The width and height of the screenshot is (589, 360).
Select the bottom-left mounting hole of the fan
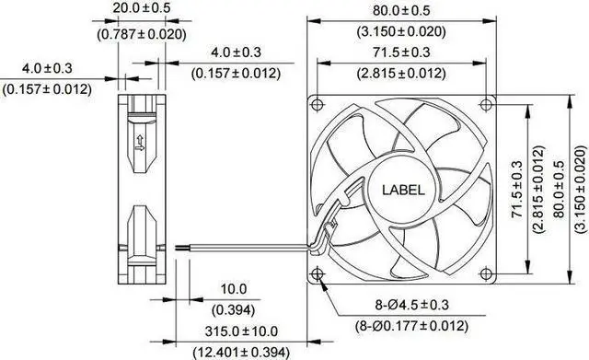(x=318, y=273)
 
